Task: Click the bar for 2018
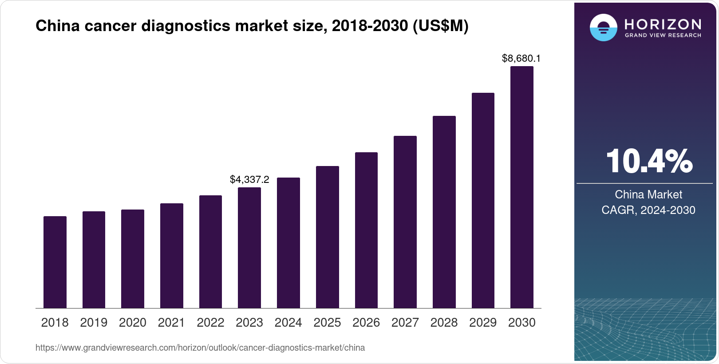(55, 262)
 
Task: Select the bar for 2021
(172, 256)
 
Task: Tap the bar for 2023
(249, 248)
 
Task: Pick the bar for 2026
(366, 230)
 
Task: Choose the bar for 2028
(444, 212)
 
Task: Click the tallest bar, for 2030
(522, 187)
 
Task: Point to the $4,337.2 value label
(249, 179)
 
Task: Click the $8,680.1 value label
(521, 58)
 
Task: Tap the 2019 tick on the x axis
(94, 323)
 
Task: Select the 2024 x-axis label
(288, 323)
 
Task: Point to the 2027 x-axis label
(405, 323)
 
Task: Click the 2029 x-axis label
(483, 323)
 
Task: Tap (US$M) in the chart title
(440, 26)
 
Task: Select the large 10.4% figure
(649, 161)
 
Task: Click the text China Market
(648, 194)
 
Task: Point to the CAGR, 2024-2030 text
(648, 210)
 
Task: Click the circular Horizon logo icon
(603, 28)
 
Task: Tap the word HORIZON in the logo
(663, 24)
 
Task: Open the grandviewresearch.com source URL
(200, 348)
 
